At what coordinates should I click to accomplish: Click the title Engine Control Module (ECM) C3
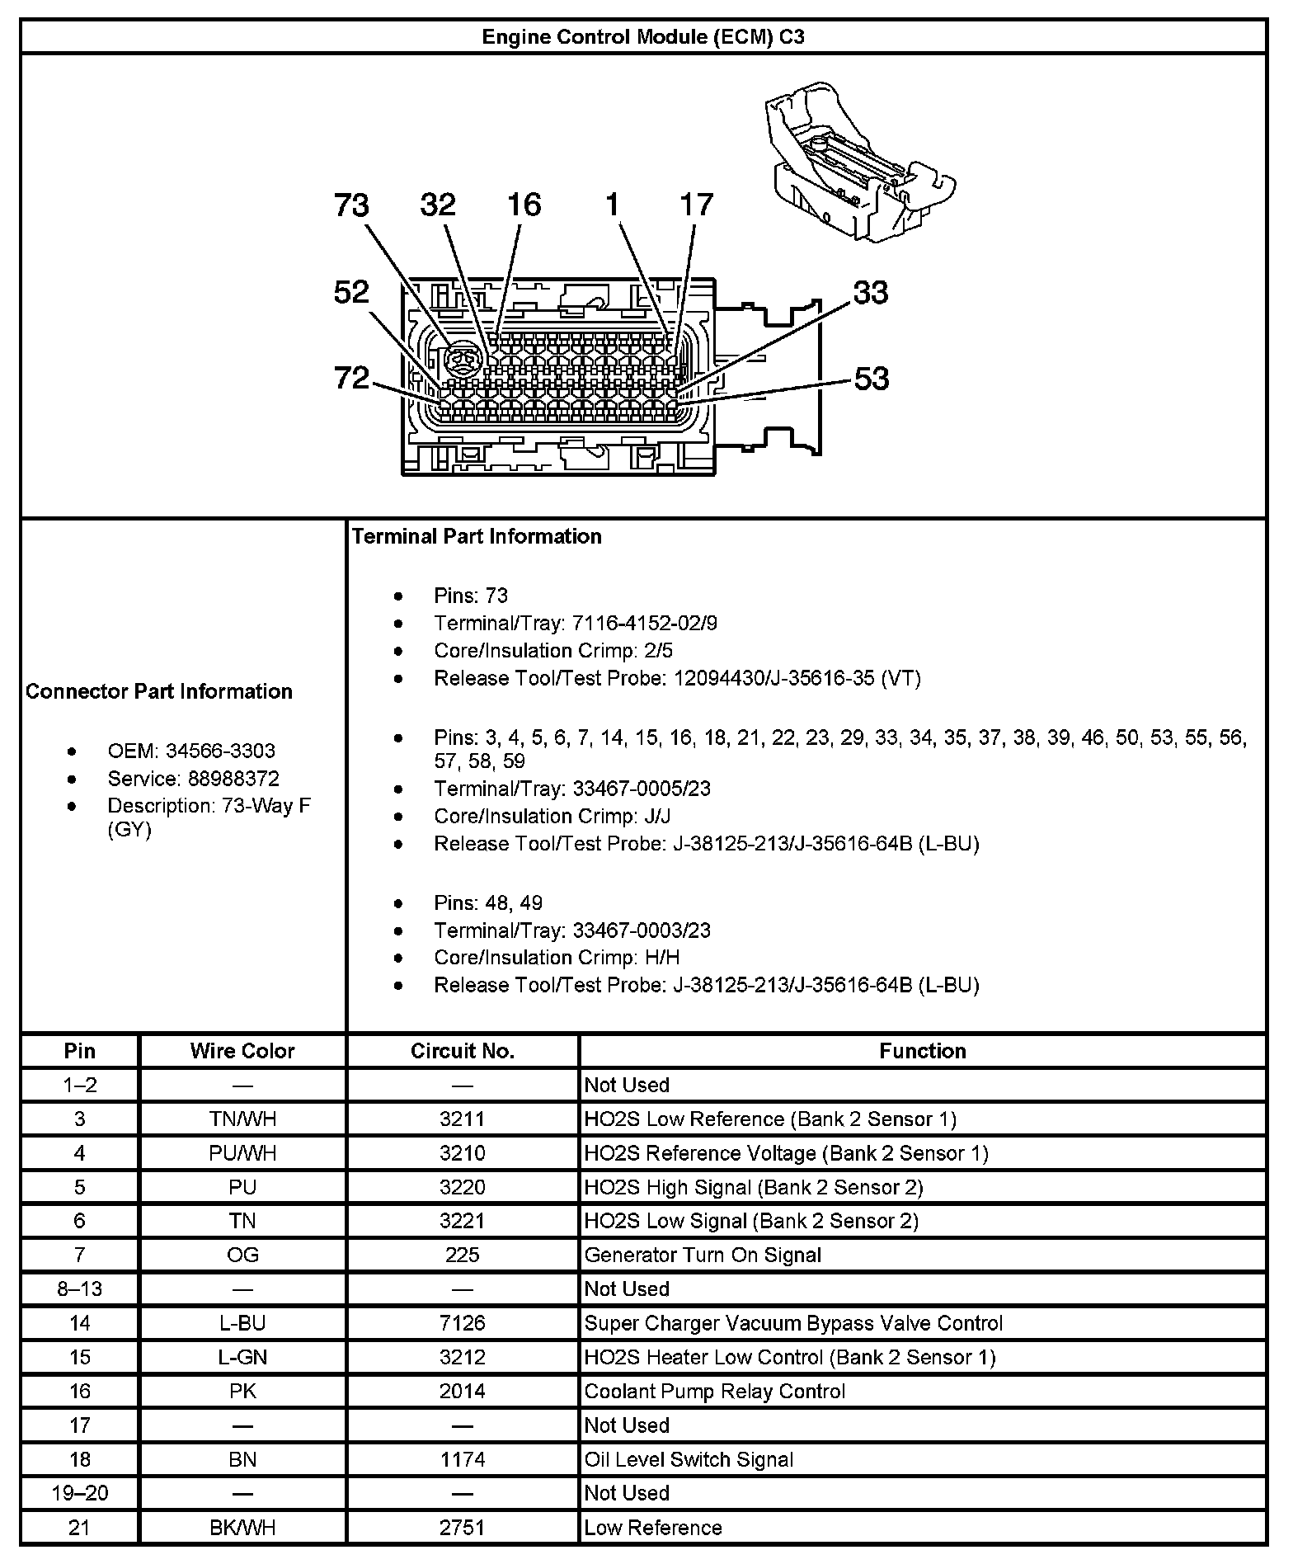tap(642, 37)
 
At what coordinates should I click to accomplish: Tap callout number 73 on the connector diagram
tap(351, 205)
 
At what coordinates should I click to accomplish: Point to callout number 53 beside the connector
tap(871, 379)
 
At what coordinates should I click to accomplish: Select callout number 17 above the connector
tap(696, 205)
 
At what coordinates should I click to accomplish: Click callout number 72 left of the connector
tap(351, 378)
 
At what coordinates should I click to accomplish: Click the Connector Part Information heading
tap(159, 691)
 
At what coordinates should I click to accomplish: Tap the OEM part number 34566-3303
tap(220, 751)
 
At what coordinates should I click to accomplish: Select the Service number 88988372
tap(233, 779)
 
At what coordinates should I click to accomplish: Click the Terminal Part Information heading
tap(477, 536)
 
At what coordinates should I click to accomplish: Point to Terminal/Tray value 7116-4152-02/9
tap(645, 623)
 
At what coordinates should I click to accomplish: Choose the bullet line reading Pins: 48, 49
tap(488, 902)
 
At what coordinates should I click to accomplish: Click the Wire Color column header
tap(242, 1051)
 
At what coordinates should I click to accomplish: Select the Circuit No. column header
tap(463, 1051)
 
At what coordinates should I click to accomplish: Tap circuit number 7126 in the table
tap(463, 1323)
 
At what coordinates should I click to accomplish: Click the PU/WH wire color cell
tap(242, 1152)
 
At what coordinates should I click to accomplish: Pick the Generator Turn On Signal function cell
tap(703, 1255)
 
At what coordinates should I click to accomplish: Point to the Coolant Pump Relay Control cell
tap(715, 1391)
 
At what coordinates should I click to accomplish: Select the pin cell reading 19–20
tap(79, 1492)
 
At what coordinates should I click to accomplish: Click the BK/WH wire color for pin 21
tap(242, 1527)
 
